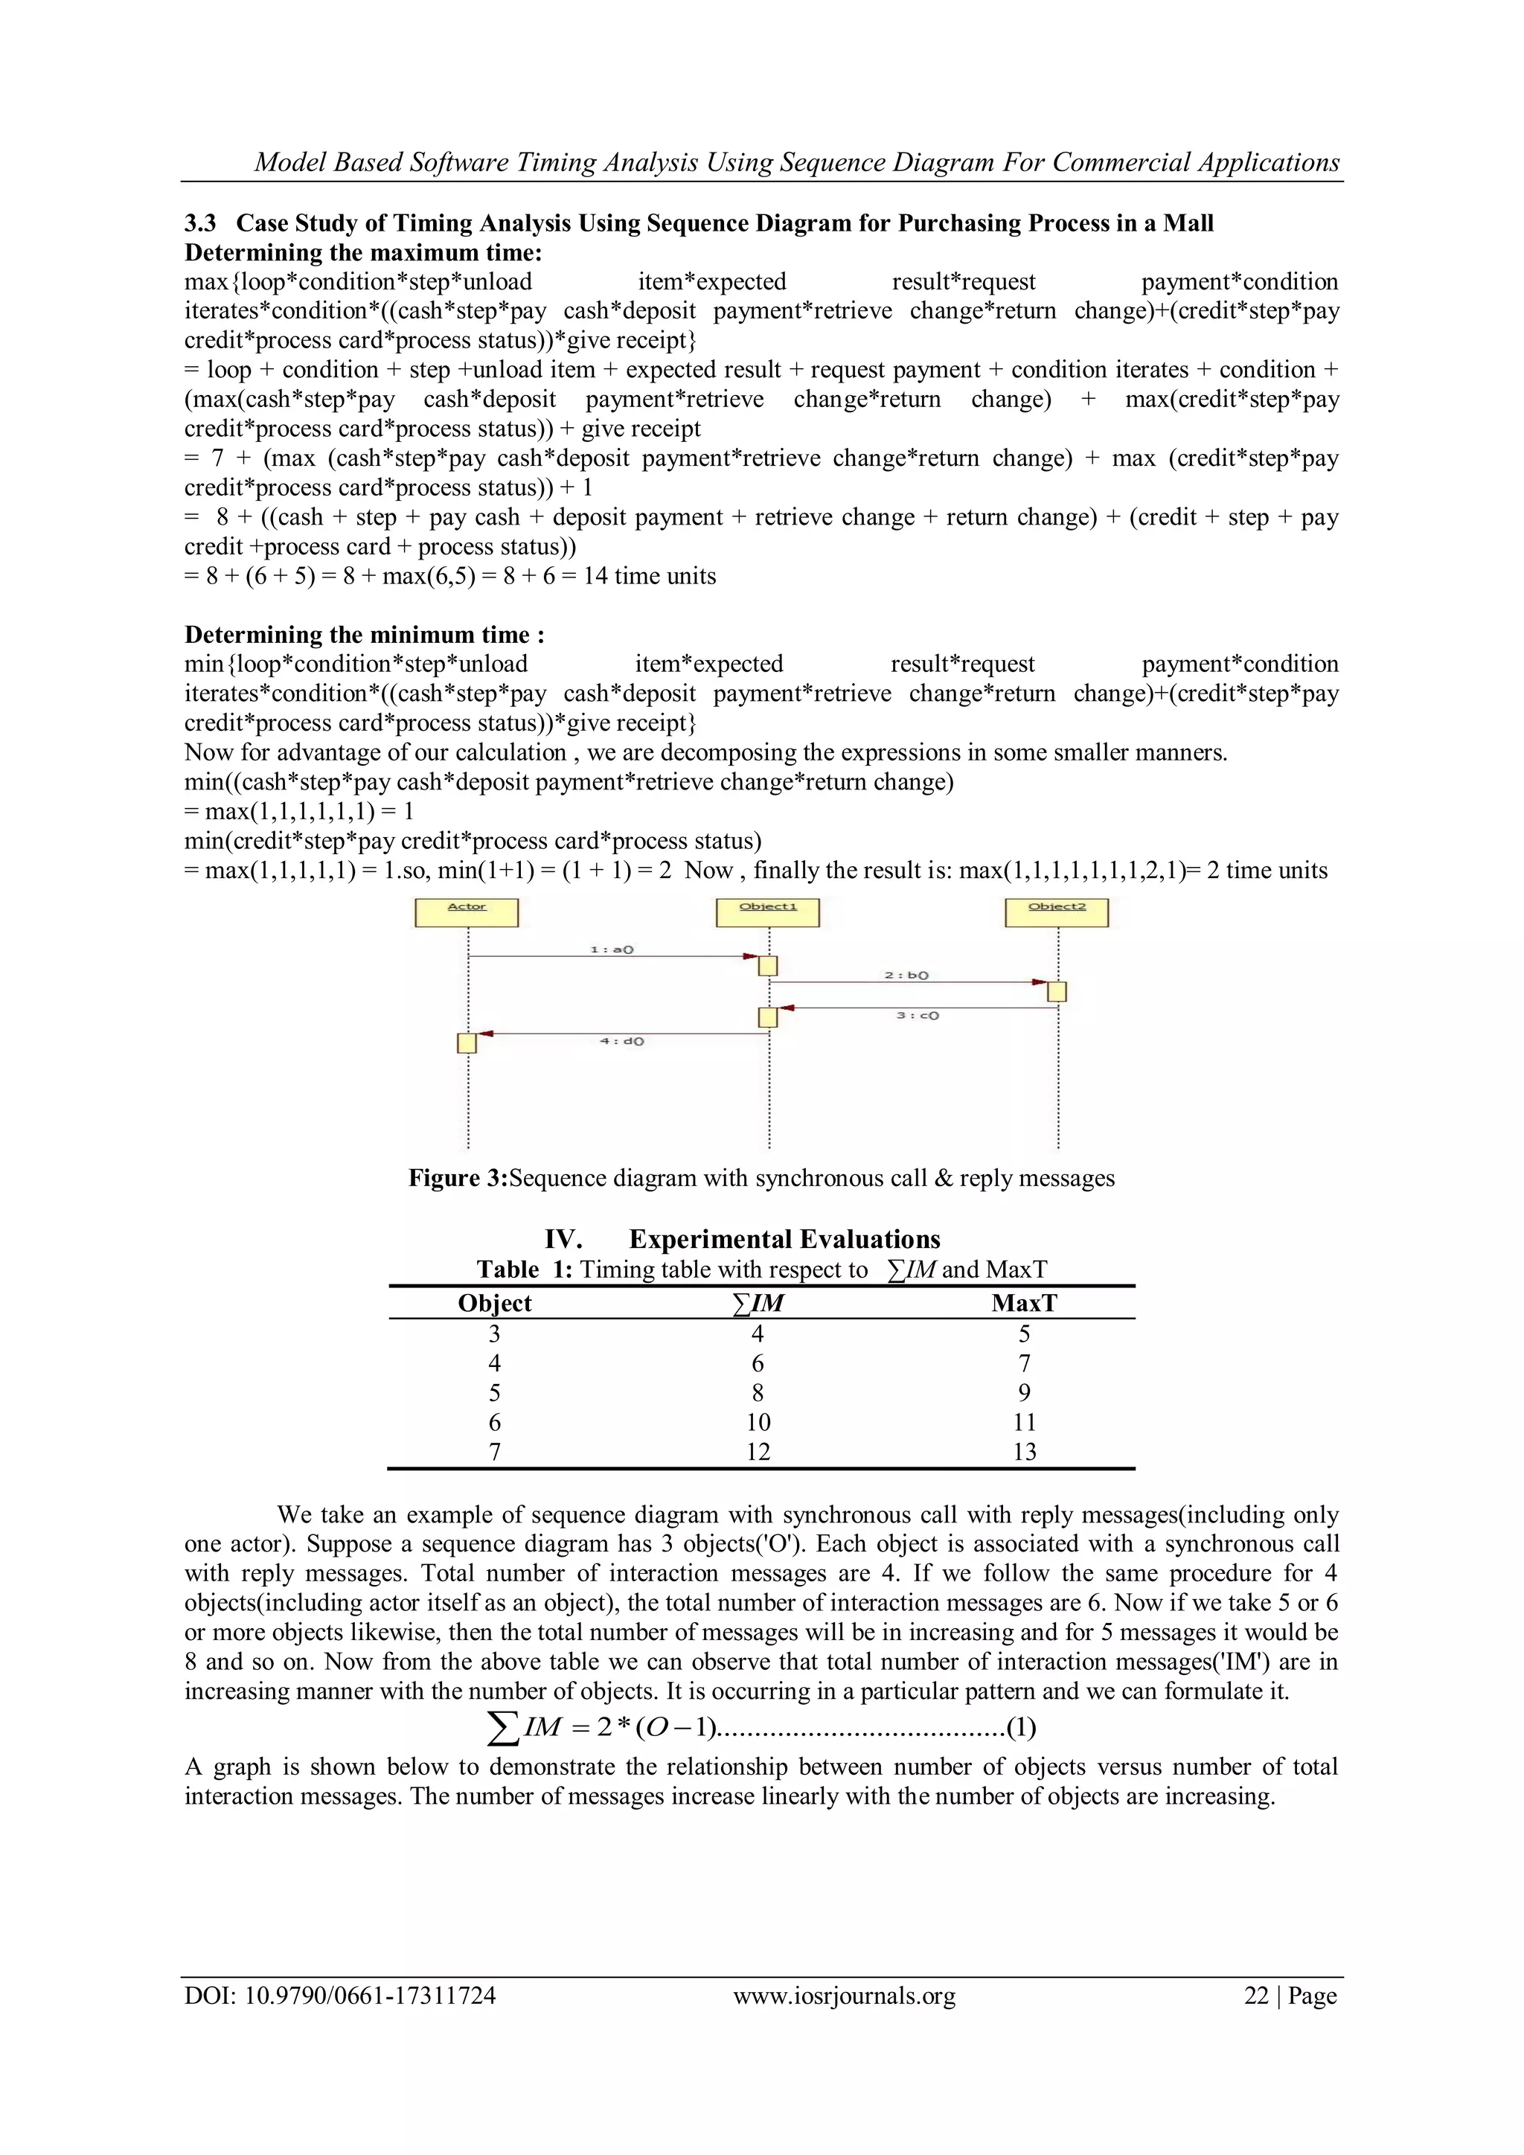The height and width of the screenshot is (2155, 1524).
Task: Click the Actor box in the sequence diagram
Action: [467, 912]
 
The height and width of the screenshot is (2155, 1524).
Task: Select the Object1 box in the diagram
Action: [768, 912]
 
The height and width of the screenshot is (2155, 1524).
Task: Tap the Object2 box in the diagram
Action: [1057, 912]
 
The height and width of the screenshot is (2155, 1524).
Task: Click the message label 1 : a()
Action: [612, 950]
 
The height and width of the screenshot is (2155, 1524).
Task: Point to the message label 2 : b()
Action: [906, 976]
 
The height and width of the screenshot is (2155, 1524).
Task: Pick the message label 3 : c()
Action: [917, 1016]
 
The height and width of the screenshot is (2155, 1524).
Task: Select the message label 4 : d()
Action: [621, 1041]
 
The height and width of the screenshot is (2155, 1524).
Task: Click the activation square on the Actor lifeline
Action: [467, 1043]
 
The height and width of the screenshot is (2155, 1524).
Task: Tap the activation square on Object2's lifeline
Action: [1057, 991]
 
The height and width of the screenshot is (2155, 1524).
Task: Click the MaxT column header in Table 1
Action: [1024, 1303]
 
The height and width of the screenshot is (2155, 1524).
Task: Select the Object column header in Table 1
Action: [495, 1303]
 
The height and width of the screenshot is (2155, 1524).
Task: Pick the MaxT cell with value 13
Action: [1024, 1452]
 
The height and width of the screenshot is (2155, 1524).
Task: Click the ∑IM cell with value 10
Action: [758, 1422]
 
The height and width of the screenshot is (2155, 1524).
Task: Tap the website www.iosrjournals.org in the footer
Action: [844, 1997]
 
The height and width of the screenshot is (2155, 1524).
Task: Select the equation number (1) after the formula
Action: [1021, 1728]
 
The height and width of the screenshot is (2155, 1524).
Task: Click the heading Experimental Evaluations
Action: [784, 1239]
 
